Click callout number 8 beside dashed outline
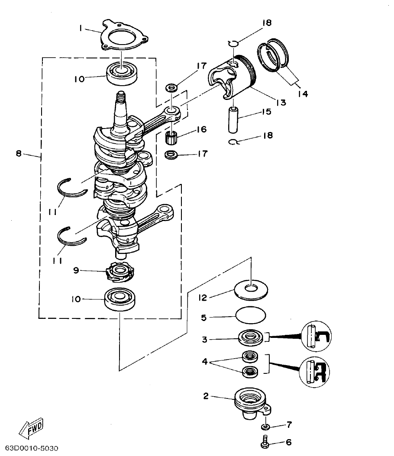pyautogui.click(x=19, y=153)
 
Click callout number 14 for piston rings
pyautogui.click(x=303, y=93)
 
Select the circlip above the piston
pyautogui.click(x=233, y=42)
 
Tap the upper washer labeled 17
pyautogui.click(x=172, y=88)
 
